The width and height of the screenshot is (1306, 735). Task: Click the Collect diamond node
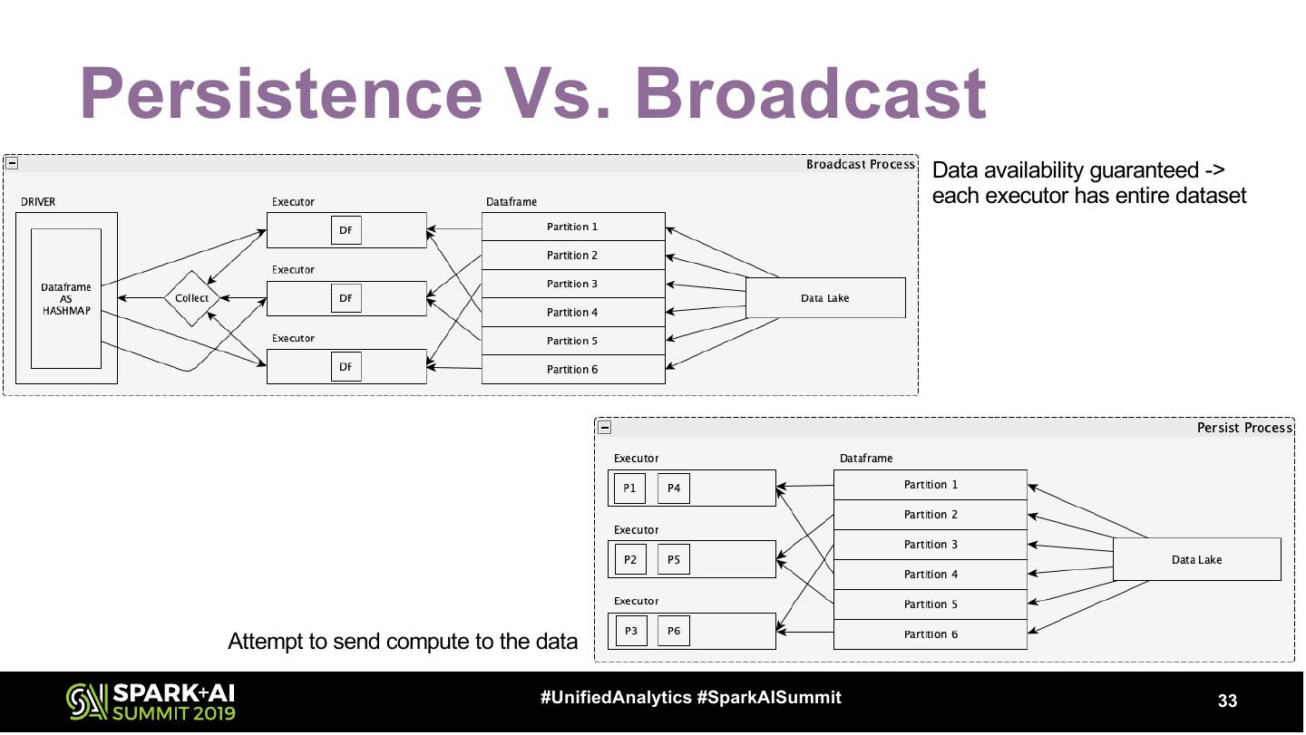tap(192, 298)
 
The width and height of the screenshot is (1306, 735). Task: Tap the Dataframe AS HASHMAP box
tap(66, 298)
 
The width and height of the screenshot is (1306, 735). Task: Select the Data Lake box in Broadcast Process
tap(825, 297)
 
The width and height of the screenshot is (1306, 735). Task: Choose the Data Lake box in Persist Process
tap(1197, 559)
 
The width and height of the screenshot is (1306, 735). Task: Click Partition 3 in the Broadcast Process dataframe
tap(573, 284)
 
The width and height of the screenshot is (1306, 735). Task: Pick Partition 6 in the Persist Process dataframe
tap(931, 634)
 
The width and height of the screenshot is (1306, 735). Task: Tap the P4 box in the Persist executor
tap(673, 488)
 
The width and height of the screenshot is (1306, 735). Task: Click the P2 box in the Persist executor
tap(630, 559)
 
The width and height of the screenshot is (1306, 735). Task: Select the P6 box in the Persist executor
tap(673, 631)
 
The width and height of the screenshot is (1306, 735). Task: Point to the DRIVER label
tap(38, 201)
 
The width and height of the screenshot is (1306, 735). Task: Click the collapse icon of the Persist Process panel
tap(605, 428)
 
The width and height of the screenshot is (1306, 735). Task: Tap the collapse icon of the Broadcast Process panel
tap(12, 163)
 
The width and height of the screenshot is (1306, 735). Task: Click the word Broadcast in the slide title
tap(811, 93)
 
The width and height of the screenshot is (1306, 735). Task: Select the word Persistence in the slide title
tap(281, 93)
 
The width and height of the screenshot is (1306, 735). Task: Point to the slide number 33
tap(1227, 700)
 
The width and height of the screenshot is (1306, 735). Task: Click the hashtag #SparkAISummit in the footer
tap(769, 697)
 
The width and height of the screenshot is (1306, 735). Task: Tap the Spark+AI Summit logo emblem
tap(87, 701)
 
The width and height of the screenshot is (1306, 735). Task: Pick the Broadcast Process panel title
tap(861, 164)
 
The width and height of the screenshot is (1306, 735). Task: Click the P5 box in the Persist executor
tap(673, 559)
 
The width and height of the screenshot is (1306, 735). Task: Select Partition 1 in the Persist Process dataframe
tap(931, 485)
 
